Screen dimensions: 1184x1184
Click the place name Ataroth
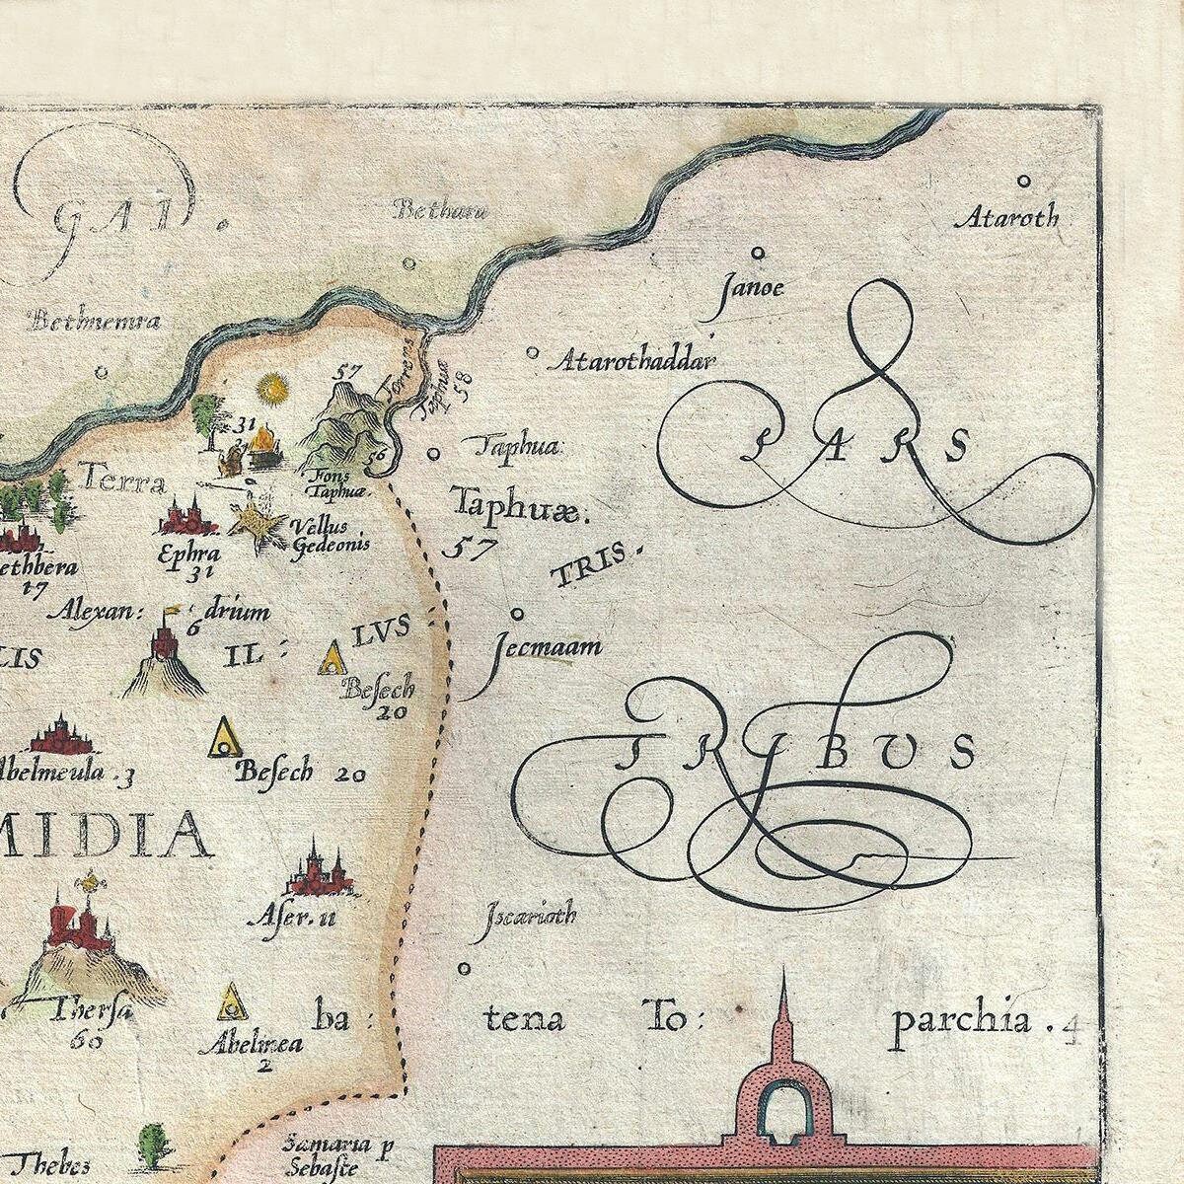1006,217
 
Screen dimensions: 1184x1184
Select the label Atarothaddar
635,362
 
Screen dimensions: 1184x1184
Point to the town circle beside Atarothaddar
533,351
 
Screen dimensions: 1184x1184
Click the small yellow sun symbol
269,389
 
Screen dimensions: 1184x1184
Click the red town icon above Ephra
187,516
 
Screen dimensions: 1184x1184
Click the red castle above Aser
314,870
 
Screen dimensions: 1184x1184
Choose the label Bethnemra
95,320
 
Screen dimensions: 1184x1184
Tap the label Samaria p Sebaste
327,1154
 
